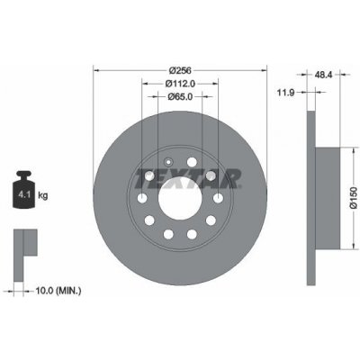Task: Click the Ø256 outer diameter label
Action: [180, 70]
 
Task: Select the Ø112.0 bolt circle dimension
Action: [180, 84]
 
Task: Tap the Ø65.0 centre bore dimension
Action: [180, 96]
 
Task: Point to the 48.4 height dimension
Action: [323, 75]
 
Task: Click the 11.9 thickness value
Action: [285, 93]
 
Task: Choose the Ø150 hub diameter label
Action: [354, 198]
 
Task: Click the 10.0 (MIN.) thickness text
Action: [58, 291]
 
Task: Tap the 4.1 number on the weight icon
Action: [23, 194]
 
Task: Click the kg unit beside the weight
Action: [43, 196]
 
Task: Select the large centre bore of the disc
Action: [180, 198]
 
